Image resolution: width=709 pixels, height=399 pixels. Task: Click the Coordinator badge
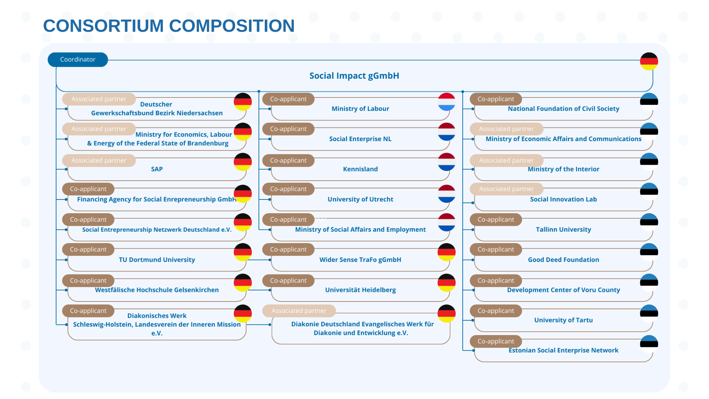78,59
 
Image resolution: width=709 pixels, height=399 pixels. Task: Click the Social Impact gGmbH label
354,76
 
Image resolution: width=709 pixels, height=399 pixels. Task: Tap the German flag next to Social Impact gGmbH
649,61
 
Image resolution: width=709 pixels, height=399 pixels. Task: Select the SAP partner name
157,169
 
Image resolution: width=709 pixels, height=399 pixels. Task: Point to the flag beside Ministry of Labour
446,102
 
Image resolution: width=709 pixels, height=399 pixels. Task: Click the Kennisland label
360,169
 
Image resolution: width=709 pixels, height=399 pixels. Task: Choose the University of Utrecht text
360,199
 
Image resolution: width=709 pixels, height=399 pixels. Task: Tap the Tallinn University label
564,230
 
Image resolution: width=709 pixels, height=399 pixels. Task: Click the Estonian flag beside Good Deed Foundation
649,252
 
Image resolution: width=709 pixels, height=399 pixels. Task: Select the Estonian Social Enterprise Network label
564,350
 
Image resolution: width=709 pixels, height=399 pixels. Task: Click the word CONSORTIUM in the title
103,26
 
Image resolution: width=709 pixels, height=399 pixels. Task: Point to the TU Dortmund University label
157,260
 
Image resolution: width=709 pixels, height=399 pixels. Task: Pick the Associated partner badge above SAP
99,160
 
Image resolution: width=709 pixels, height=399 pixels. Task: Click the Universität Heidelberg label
360,290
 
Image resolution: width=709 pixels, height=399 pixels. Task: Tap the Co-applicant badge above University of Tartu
496,311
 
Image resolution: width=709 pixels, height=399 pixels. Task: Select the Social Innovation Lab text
564,199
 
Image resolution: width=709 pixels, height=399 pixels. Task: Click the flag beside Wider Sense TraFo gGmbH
446,252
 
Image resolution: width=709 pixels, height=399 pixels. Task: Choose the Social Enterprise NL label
360,139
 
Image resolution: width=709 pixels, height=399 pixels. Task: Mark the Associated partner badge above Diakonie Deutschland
299,311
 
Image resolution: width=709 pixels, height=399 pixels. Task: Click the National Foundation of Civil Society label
564,109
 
